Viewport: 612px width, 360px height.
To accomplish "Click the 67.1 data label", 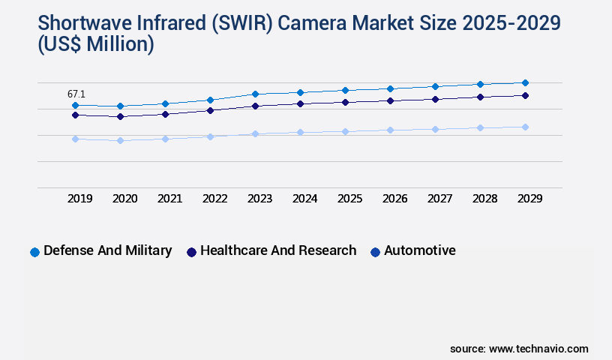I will pos(76,94).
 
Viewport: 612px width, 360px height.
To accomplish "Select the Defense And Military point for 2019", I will pos(75,106).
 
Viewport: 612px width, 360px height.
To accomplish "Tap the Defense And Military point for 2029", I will pos(525,82).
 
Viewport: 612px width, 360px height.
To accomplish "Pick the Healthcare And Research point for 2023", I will pos(255,106).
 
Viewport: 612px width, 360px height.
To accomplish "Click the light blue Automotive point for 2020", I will pos(120,140).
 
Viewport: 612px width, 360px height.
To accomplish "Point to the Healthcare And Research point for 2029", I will pos(525,95).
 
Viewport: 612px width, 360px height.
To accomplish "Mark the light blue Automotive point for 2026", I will pos(390,130).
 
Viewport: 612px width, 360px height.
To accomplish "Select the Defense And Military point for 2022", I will pos(210,100).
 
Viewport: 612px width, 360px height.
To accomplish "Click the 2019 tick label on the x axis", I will pos(80,199).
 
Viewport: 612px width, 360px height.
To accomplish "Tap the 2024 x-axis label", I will pos(304,199).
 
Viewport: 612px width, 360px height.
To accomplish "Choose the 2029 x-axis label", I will pos(529,199).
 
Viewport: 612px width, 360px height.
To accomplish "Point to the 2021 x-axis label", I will pos(169,199).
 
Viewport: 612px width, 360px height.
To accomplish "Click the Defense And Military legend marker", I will pos(34,252).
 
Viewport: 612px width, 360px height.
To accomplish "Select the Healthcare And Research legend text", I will pos(278,250).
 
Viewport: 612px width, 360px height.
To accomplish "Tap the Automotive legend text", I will pos(419,250).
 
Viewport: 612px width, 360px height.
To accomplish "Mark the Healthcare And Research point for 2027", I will pos(435,99).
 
